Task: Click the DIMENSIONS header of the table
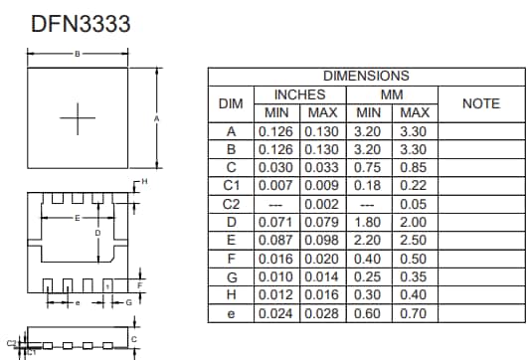[366, 76]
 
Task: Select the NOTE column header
[480, 103]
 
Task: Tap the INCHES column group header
[299, 94]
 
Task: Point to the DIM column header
[231, 103]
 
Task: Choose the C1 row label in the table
[231, 185]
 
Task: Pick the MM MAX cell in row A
[415, 130]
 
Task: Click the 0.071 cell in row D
[276, 222]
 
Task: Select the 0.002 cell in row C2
[322, 204]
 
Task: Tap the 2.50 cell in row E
[415, 240]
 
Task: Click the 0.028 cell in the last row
[322, 313]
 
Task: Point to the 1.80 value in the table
[369, 222]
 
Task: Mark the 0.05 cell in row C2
[415, 204]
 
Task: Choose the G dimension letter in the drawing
[127, 301]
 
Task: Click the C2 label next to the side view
[11, 342]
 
